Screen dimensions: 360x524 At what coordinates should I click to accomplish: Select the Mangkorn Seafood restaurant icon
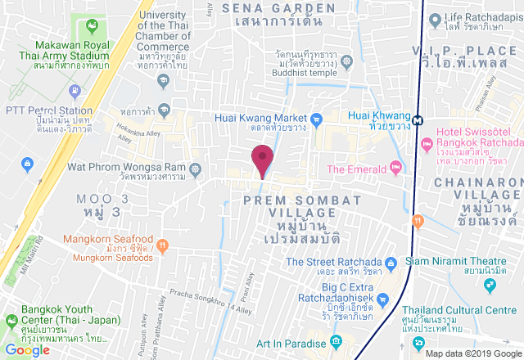[x=163, y=243]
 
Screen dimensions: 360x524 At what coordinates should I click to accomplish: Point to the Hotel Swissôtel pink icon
[x=427, y=144]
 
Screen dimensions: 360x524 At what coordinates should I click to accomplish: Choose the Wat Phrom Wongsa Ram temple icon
[x=194, y=171]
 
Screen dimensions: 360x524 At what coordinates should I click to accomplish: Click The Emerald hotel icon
[x=396, y=169]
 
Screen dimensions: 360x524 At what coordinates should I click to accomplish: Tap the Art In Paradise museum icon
[x=335, y=341]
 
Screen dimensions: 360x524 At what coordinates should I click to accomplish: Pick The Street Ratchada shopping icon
[x=392, y=263]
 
